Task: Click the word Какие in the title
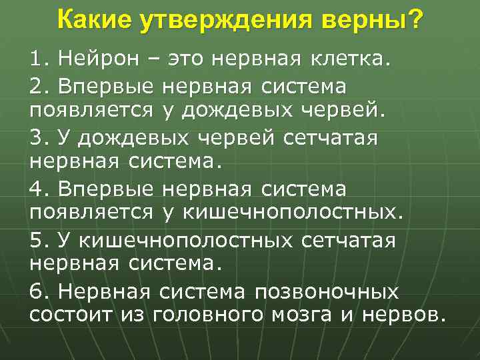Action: (95, 21)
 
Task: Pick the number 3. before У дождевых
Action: (39, 139)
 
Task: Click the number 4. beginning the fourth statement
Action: (39, 190)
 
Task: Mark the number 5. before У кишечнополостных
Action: (39, 241)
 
